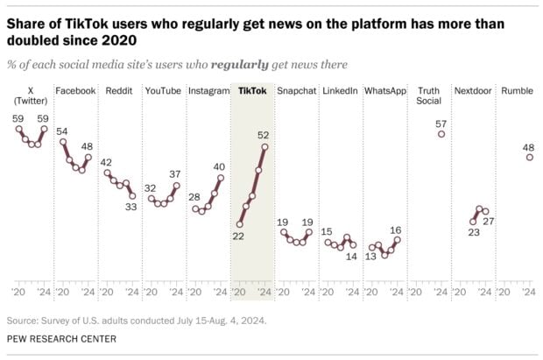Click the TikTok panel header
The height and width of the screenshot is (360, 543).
click(x=250, y=91)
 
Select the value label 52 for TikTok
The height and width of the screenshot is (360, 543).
click(x=263, y=135)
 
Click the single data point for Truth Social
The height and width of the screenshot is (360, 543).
click(x=441, y=134)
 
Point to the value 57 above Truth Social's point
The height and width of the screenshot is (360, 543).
click(x=441, y=122)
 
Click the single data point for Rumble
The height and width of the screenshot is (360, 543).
click(x=529, y=158)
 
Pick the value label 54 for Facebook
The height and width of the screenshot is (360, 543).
click(x=62, y=131)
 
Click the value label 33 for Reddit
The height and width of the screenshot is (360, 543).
click(x=131, y=208)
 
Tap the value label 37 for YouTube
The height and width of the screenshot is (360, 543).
click(x=175, y=173)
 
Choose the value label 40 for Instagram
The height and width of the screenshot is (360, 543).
click(x=219, y=166)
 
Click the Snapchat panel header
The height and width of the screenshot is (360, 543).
click(x=295, y=91)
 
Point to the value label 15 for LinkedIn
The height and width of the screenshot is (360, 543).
click(x=327, y=231)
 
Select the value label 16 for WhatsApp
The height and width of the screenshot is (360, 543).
click(x=396, y=229)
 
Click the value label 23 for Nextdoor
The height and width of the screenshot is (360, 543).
click(x=474, y=233)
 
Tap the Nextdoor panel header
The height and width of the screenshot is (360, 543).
click(x=475, y=91)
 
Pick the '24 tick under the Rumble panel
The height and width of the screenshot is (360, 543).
click(x=528, y=292)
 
